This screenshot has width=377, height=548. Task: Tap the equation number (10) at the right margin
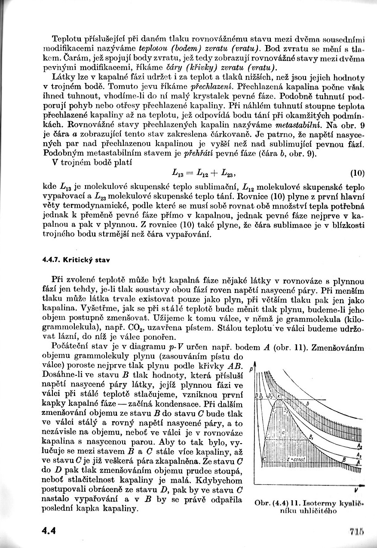click(357, 174)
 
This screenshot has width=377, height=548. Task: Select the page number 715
click(357, 530)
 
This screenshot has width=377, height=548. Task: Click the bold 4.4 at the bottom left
click(49, 530)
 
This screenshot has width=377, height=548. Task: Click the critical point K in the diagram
click(278, 395)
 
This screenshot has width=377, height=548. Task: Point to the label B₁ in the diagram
click(311, 436)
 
